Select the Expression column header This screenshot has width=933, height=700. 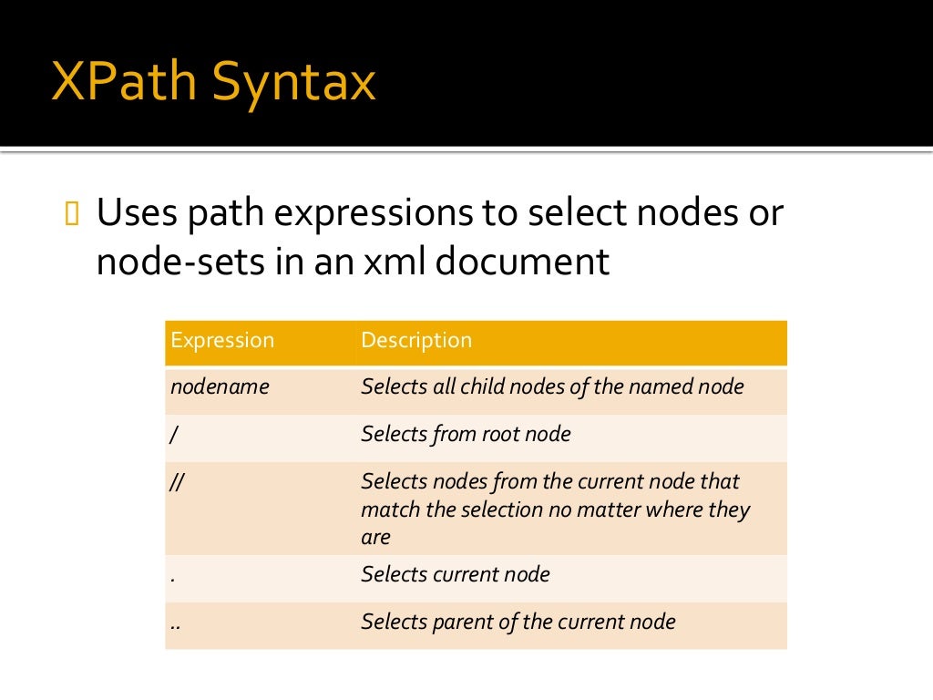[222, 341]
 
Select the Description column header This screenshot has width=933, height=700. [416, 341]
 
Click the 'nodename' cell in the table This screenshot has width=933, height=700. [220, 386]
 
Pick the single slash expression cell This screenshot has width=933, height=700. [173, 434]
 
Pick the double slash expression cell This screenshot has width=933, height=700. [177, 481]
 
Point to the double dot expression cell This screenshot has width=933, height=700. [176, 623]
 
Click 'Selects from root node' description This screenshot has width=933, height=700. [466, 434]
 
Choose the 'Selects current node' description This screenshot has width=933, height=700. [456, 574]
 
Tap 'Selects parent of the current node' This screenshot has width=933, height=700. [518, 623]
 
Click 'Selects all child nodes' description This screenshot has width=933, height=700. [552, 386]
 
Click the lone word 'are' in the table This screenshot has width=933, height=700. [375, 538]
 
